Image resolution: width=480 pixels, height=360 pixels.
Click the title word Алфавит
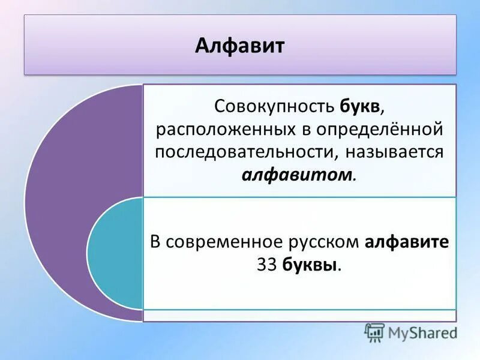coord(239,46)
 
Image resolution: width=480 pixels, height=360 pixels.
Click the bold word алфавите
coord(407,242)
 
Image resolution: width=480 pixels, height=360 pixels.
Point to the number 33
coord(266,265)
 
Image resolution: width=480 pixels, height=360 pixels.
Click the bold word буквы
coord(313,265)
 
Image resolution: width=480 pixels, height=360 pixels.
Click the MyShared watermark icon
coord(374,332)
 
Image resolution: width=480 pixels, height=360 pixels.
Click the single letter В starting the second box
coord(155,242)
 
